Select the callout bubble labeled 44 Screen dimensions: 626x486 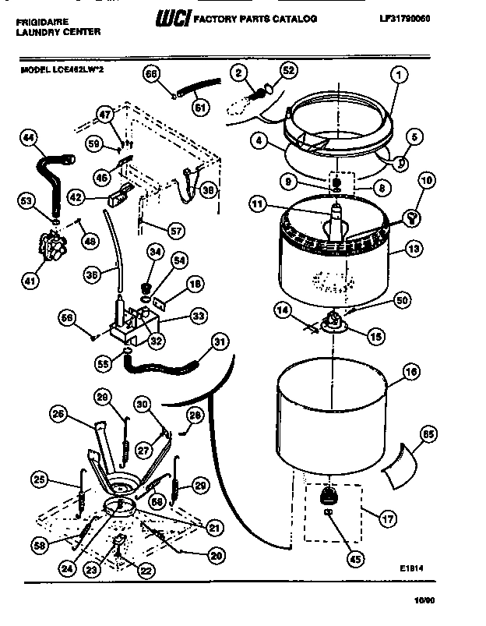[28, 139]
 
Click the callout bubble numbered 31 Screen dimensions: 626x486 [220, 341]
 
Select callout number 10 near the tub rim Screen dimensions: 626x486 [426, 182]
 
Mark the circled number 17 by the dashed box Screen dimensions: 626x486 [382, 515]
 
